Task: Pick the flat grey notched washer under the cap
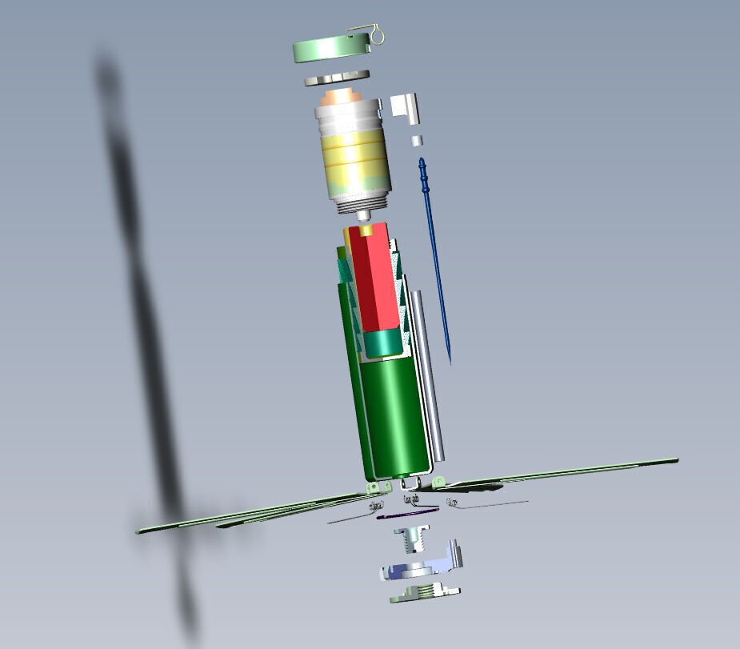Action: pos(336,78)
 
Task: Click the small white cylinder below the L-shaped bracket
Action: pos(417,141)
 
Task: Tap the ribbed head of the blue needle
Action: pos(422,169)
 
